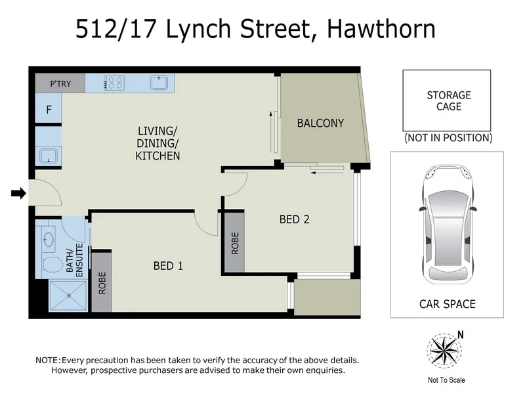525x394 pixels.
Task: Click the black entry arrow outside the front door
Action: pos(19,193)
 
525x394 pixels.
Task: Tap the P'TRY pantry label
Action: pos(60,84)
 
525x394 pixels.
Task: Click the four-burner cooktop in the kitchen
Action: pos(114,83)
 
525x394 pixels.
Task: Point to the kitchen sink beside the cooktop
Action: pos(159,83)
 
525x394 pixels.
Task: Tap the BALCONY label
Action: pos(320,123)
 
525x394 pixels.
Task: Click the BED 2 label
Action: pos(294,219)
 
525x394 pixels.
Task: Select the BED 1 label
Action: pos(168,266)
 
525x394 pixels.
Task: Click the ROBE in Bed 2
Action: pos(235,243)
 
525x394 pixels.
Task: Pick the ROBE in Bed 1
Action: pos(102,283)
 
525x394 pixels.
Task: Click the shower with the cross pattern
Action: pos(69,295)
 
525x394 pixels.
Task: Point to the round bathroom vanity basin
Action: pos(49,239)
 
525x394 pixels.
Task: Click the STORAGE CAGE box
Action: pos(447,100)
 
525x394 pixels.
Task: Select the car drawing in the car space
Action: pos(448,224)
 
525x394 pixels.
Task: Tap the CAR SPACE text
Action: pos(448,304)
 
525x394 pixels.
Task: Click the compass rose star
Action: pos(444,351)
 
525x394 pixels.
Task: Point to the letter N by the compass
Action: pos(461,335)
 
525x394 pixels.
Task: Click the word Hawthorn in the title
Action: pos(381,29)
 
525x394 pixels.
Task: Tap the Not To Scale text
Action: pos(446,380)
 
